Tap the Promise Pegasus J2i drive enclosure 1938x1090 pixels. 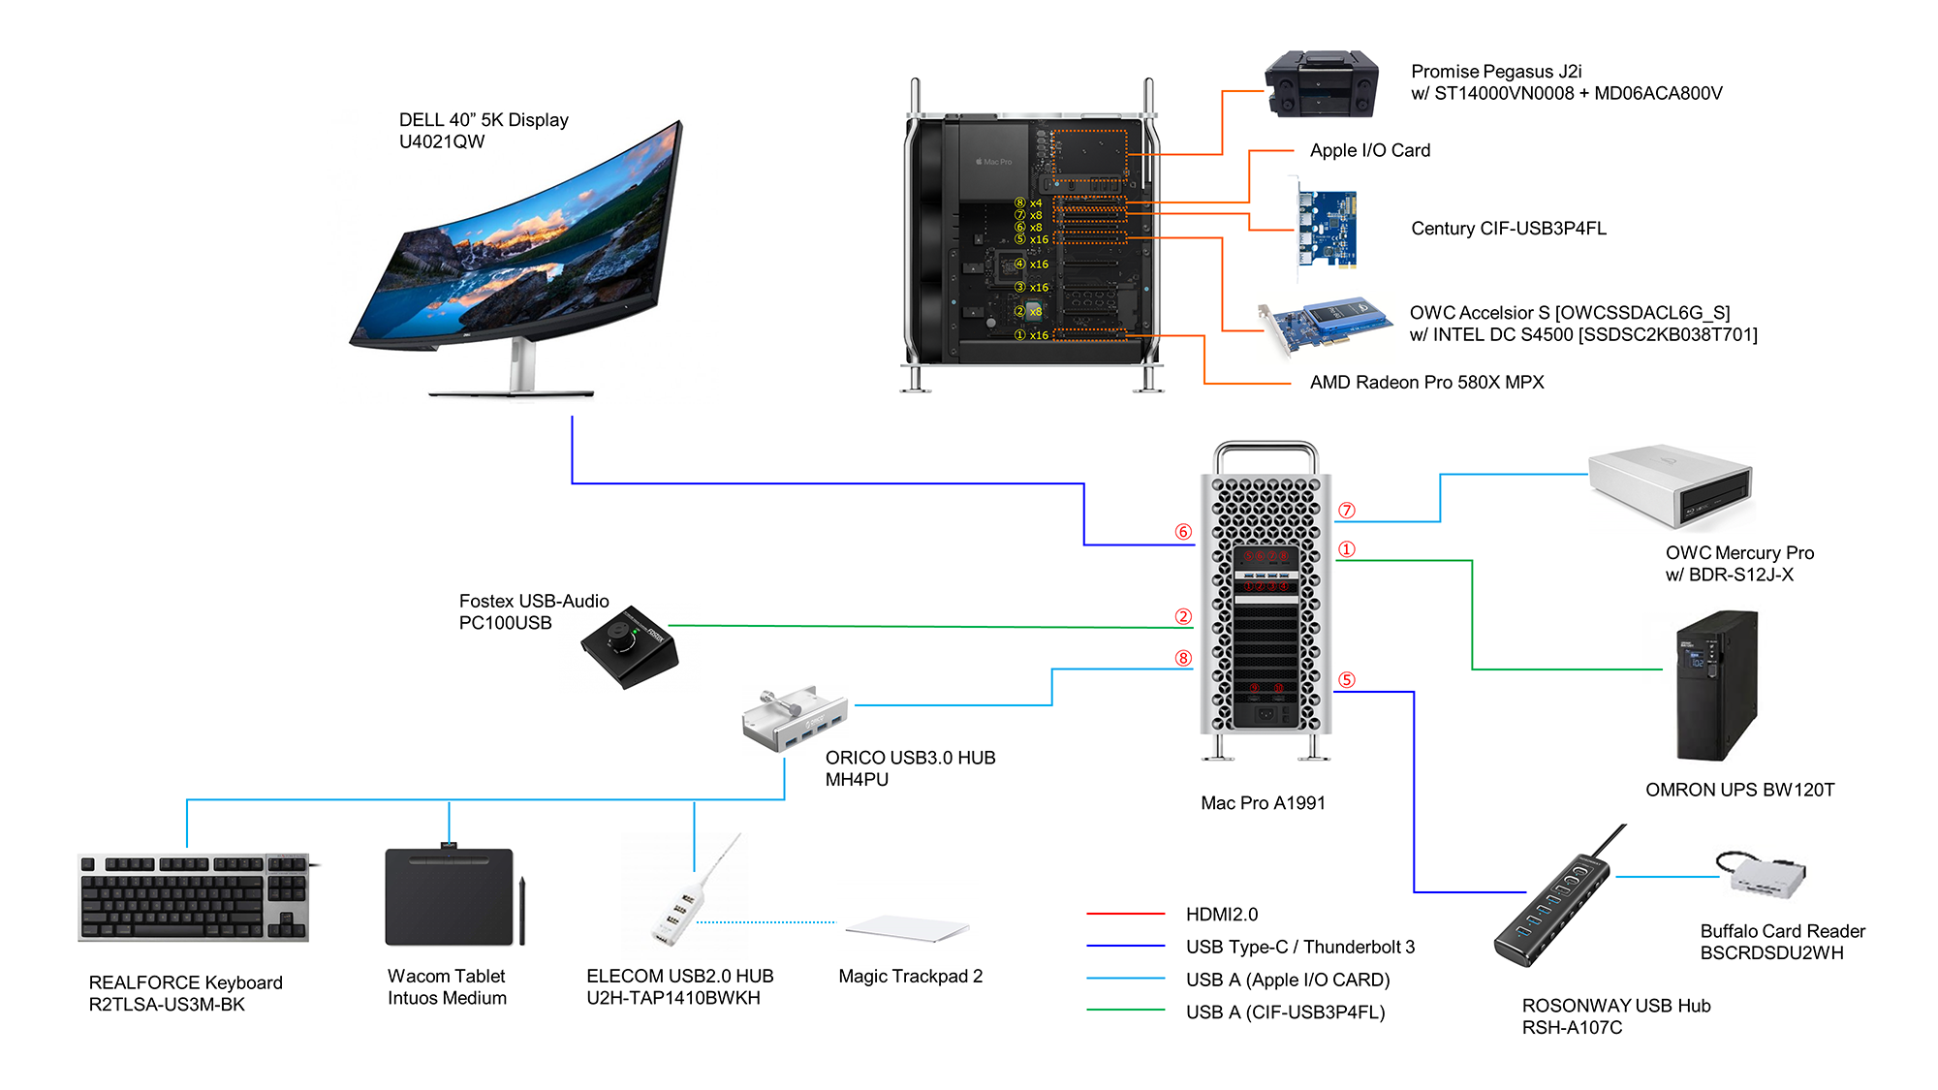click(1322, 83)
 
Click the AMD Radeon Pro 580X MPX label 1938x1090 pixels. click(1426, 383)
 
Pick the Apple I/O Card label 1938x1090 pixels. click(1370, 150)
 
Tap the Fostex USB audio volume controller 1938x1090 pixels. click(630, 647)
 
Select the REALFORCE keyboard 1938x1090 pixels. click(195, 897)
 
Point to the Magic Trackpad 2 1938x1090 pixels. click(907, 928)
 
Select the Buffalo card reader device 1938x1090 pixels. click(1762, 875)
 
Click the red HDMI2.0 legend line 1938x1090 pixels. click(1125, 914)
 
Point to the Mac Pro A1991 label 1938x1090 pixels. click(1263, 803)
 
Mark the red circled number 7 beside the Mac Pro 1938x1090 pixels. click(1347, 511)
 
